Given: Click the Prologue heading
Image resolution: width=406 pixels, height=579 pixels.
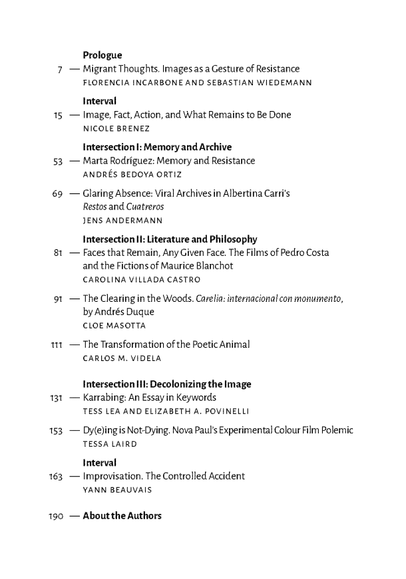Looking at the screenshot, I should click(x=102, y=55).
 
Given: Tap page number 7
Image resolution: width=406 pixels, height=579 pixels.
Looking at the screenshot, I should click(x=60, y=69).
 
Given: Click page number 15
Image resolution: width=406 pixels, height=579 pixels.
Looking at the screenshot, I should click(x=58, y=115).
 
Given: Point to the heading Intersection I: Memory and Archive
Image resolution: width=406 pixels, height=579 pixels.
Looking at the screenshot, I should click(x=157, y=147).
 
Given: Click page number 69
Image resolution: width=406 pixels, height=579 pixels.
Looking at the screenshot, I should click(x=58, y=193).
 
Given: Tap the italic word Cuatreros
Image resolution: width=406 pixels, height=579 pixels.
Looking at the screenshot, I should click(x=138, y=207).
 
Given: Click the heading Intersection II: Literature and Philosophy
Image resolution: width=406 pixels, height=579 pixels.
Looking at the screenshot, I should click(x=170, y=239).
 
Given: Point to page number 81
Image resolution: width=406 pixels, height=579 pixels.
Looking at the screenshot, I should click(x=58, y=253).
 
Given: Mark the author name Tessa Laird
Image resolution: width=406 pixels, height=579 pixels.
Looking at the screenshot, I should click(x=109, y=443).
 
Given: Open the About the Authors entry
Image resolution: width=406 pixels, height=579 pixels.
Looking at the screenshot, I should click(x=122, y=517).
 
